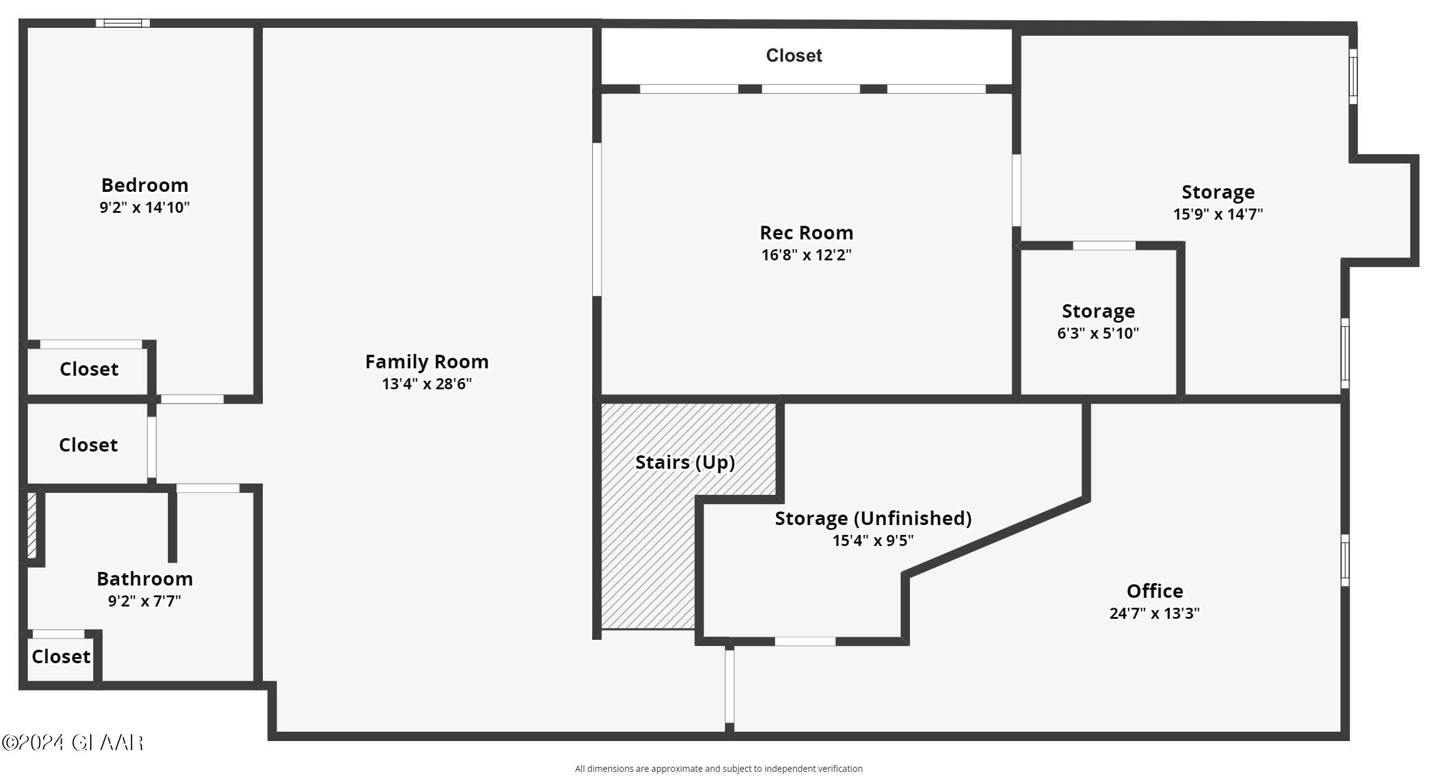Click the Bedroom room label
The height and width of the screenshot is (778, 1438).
click(144, 185)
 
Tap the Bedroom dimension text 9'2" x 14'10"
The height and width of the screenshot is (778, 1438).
click(144, 207)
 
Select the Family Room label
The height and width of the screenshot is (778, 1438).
click(427, 362)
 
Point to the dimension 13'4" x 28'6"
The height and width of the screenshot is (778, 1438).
click(427, 384)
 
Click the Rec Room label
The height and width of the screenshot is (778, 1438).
click(806, 233)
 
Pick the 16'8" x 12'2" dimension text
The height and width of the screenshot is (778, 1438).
click(806, 255)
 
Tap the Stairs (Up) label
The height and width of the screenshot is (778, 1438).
click(685, 462)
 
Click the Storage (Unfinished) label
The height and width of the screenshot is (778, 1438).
click(873, 518)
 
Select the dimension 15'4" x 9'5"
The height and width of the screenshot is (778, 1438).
click(873, 540)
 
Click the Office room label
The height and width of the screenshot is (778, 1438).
click(1154, 591)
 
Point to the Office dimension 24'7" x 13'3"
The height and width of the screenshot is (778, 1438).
click(1154, 613)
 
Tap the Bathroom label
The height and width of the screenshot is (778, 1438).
click(144, 579)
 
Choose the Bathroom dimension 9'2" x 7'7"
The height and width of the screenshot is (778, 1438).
click(144, 601)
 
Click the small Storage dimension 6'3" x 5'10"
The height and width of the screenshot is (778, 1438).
click(1098, 333)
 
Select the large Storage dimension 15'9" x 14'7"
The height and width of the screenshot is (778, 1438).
click(1218, 214)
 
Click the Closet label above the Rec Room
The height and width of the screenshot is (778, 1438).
click(794, 56)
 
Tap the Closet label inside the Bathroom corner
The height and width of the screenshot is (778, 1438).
click(61, 656)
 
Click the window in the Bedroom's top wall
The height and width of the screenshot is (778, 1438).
click(123, 23)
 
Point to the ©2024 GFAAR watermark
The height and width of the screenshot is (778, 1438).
click(73, 742)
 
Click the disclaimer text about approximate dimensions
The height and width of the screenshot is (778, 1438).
click(719, 769)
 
